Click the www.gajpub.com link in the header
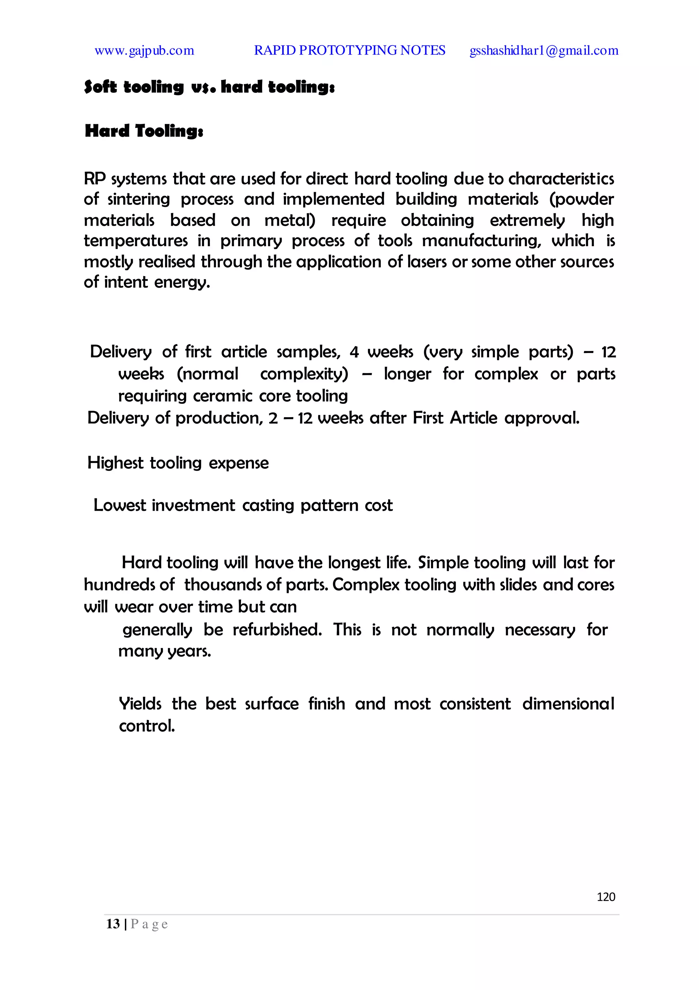click(144, 51)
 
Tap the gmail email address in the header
click(543, 51)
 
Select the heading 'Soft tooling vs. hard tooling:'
click(209, 87)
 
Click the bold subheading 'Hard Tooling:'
click(144, 131)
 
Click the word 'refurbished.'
click(277, 630)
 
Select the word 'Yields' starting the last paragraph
click(140, 704)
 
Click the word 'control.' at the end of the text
click(147, 726)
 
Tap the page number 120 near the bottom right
click(605, 897)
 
